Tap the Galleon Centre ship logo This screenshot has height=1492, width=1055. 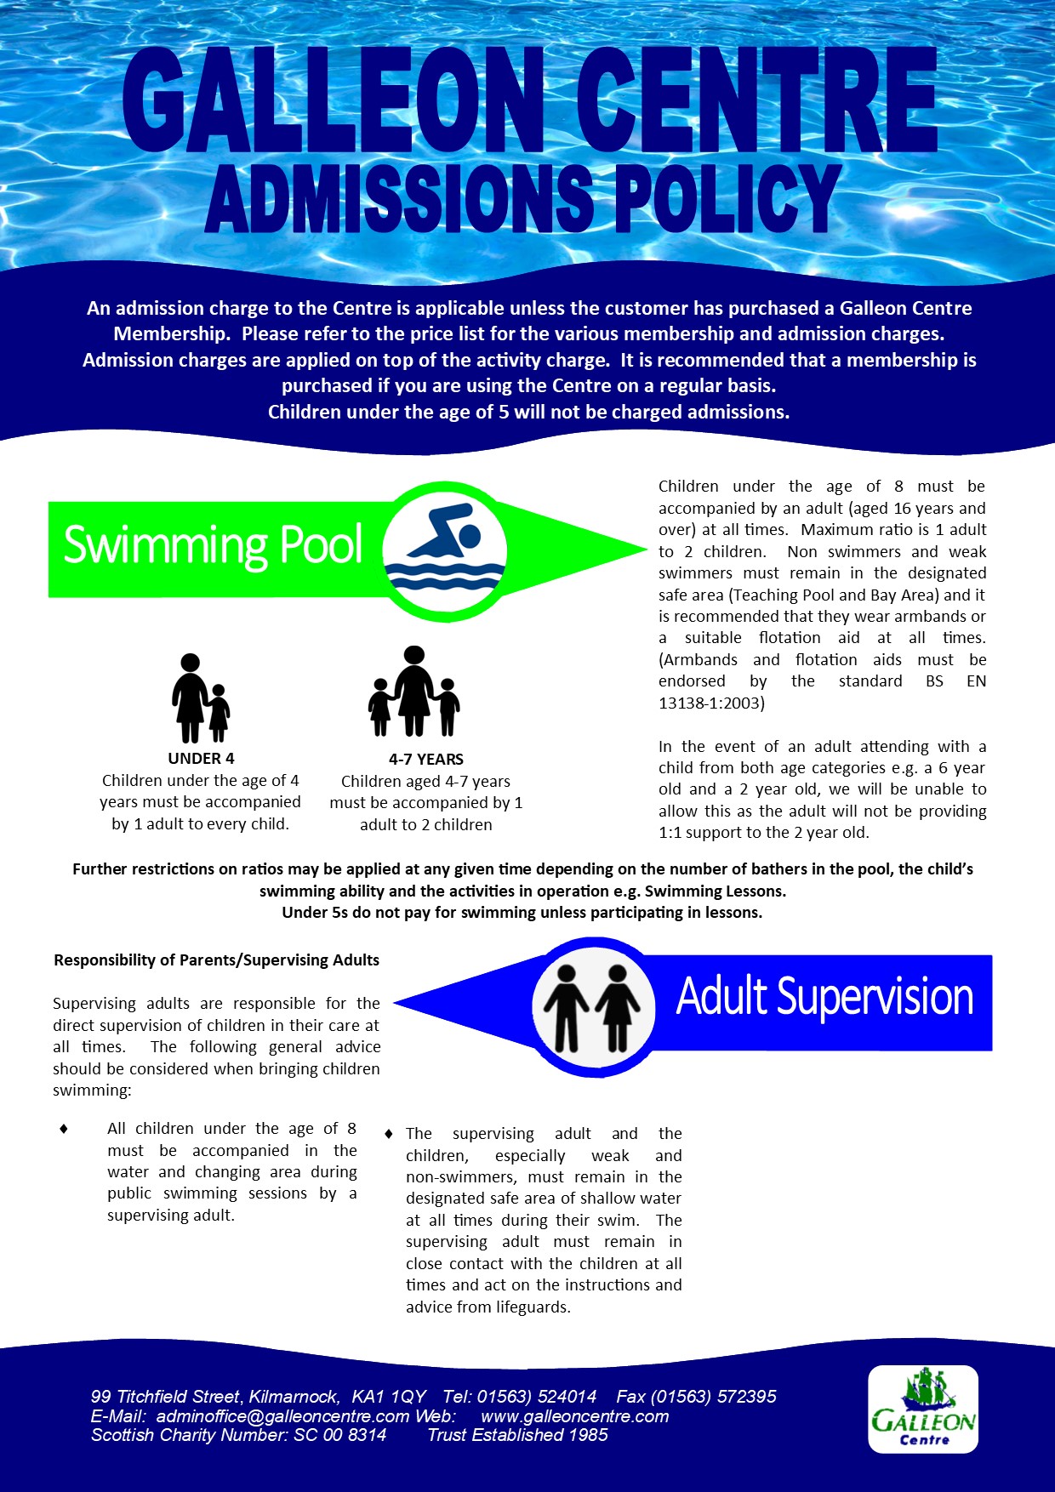pos(923,1409)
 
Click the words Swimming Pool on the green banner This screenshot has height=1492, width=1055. pos(213,545)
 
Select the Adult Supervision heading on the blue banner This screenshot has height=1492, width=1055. pos(824,996)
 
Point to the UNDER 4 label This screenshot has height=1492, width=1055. pos(201,759)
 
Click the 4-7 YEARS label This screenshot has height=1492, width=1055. pos(426,760)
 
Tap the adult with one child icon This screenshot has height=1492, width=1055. pos(201,698)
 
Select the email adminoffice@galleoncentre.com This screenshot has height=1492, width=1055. pos(282,1416)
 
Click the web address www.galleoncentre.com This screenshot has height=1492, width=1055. pos(574,1416)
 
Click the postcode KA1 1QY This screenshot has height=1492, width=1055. pos(389,1397)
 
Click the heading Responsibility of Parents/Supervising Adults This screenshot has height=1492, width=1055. pos(216,960)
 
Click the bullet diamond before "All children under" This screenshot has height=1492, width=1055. pos(64,1129)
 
